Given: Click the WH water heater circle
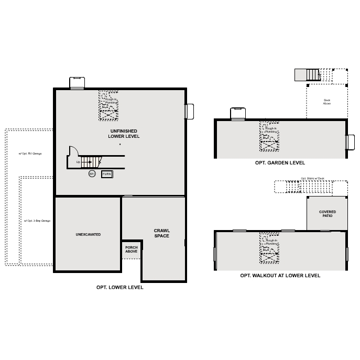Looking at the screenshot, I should (92, 173).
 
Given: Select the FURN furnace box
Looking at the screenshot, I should (107, 173).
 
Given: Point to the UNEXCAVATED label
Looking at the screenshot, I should (88, 234).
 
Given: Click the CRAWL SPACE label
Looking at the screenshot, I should (162, 233).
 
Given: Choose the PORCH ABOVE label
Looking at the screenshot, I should (131, 249).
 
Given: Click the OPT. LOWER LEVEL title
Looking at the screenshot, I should (119, 287).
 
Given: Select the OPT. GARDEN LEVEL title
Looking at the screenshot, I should (280, 163).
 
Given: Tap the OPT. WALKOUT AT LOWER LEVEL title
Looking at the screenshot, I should (280, 275).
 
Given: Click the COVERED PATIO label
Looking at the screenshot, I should (327, 214).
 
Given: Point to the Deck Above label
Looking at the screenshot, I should (326, 102).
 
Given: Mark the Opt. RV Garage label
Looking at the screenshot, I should (30, 154).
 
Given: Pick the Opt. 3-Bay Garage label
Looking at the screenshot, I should (37, 221).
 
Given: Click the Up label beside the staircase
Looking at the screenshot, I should (78, 162).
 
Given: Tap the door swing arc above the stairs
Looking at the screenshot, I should (74, 150).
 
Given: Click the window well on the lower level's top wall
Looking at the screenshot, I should (77, 83).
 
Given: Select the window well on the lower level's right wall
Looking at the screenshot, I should (189, 112).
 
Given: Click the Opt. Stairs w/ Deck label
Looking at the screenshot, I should (312, 178).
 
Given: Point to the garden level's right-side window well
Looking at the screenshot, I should (350, 142).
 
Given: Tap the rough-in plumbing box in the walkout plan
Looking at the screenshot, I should (269, 247).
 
